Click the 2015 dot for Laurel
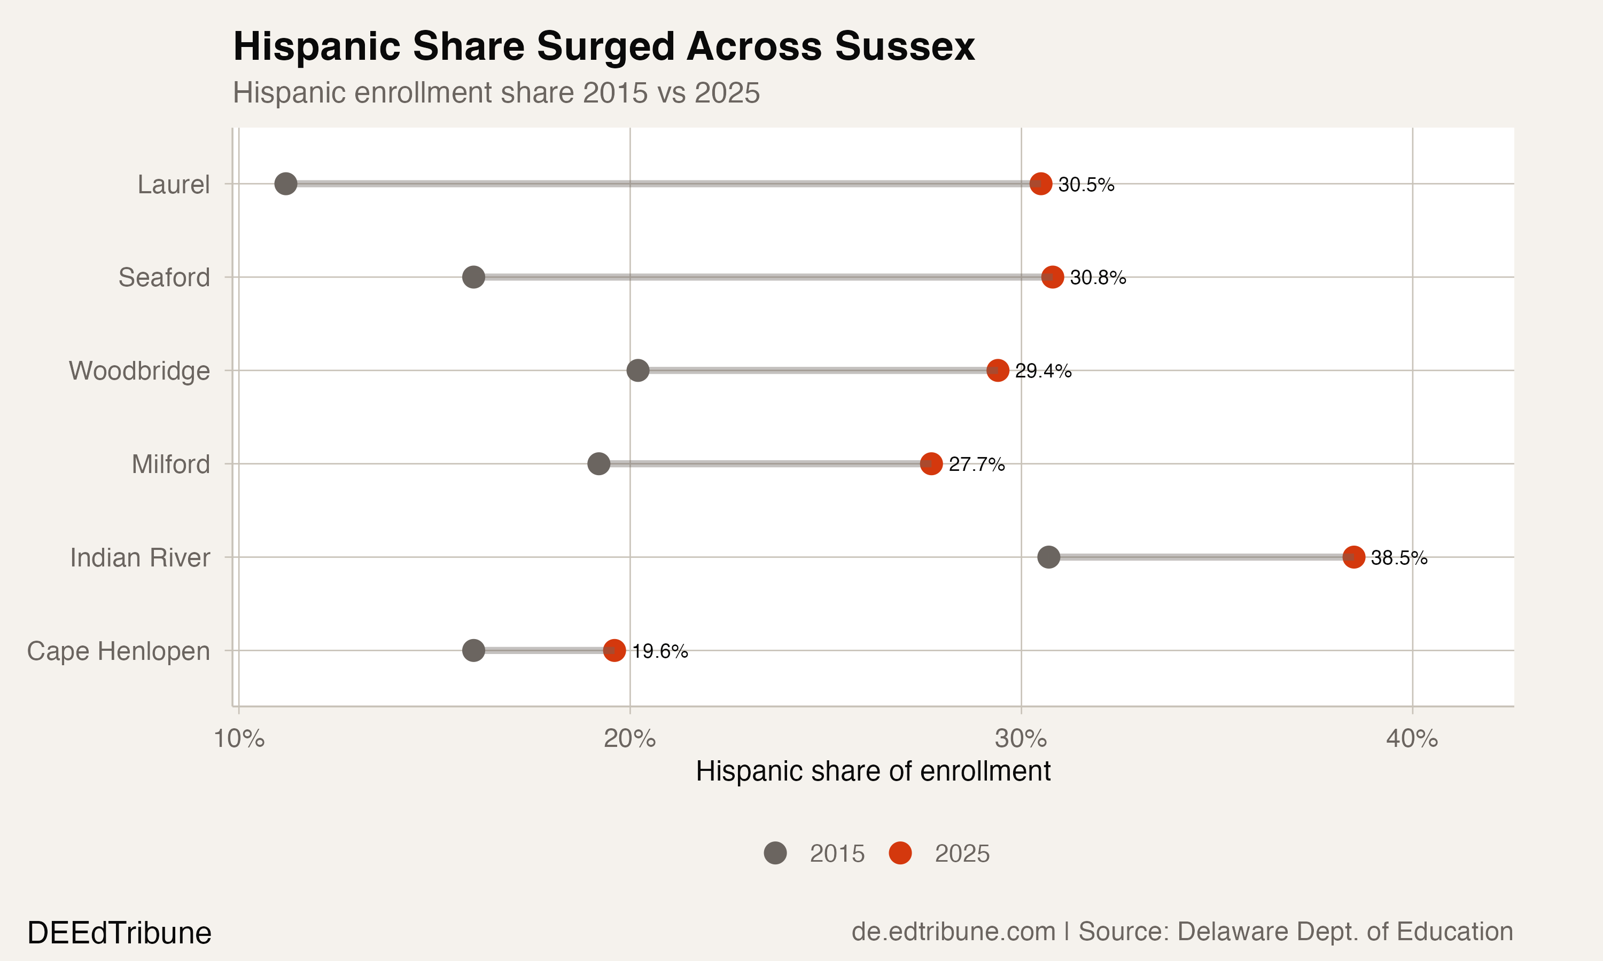pyautogui.click(x=286, y=184)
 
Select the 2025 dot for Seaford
pyautogui.click(x=1052, y=277)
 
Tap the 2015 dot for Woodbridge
pyautogui.click(x=638, y=371)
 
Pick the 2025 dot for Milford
pyautogui.click(x=931, y=463)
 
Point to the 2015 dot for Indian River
pyautogui.click(x=1049, y=557)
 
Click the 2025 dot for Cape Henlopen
pyautogui.click(x=614, y=650)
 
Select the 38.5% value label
pyautogui.click(x=1399, y=557)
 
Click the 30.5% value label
pyautogui.click(x=1086, y=185)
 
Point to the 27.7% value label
pyautogui.click(x=976, y=464)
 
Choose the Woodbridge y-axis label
pyautogui.click(x=139, y=371)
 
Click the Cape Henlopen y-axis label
pyautogui.click(x=119, y=651)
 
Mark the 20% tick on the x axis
pyautogui.click(x=630, y=739)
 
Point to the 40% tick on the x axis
pyautogui.click(x=1412, y=739)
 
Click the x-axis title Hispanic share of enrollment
pyautogui.click(x=873, y=771)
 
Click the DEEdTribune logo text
pyautogui.click(x=119, y=933)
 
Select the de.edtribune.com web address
pyautogui.click(x=953, y=931)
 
